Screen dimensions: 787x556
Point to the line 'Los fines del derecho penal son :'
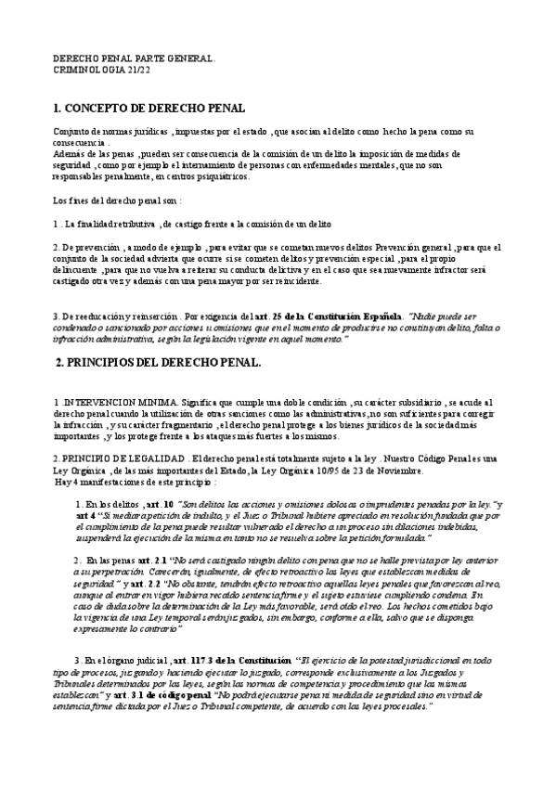[116, 200]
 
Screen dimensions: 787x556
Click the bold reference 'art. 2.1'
[150, 562]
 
